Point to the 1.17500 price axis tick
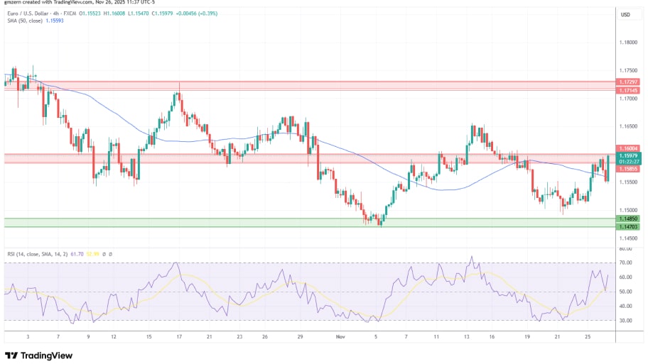pos(628,70)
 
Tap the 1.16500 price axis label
pos(628,126)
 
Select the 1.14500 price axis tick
pos(628,238)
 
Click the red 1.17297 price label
pos(628,83)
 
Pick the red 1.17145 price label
pos(628,91)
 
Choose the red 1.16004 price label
pos(628,148)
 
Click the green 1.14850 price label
pos(628,219)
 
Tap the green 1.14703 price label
pos(628,226)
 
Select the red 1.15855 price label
pos(628,169)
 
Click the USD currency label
pos(626,14)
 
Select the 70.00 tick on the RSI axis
pos(626,263)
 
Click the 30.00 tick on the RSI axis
pos(626,321)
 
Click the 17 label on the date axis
pos(179,338)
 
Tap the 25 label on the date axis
pos(587,338)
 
